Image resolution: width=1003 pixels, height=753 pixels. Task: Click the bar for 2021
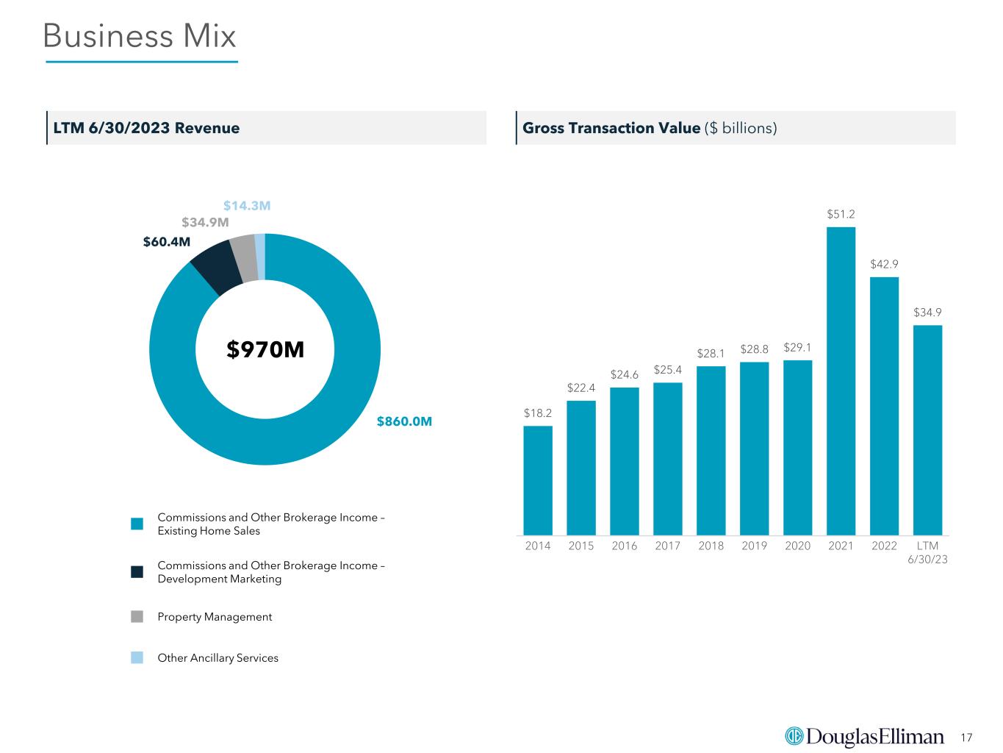click(841, 381)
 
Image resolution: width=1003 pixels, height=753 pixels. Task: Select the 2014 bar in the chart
click(537, 480)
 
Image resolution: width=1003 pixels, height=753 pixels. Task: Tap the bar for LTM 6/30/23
click(927, 429)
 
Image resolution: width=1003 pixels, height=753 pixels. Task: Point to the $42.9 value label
click(884, 264)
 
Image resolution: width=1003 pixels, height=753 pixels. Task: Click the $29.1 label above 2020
click(797, 348)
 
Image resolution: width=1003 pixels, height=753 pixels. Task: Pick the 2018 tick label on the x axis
click(711, 546)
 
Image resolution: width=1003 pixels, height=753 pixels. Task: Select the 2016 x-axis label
click(624, 546)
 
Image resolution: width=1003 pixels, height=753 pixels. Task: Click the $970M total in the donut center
click(265, 349)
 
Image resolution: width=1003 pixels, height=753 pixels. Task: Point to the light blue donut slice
click(259, 257)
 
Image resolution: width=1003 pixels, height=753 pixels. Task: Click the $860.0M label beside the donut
click(404, 421)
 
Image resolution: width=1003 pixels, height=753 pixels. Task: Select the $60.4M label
click(166, 241)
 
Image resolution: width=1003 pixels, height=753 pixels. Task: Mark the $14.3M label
click(247, 206)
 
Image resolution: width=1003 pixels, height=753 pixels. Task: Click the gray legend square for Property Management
click(137, 616)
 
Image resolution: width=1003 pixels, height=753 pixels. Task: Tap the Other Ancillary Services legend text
click(218, 657)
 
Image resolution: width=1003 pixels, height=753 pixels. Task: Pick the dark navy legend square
click(137, 571)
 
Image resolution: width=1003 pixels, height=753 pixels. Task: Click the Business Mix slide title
click(140, 35)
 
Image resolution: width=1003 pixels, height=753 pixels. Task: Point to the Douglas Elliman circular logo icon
click(794, 735)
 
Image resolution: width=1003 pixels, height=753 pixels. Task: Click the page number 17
click(966, 737)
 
